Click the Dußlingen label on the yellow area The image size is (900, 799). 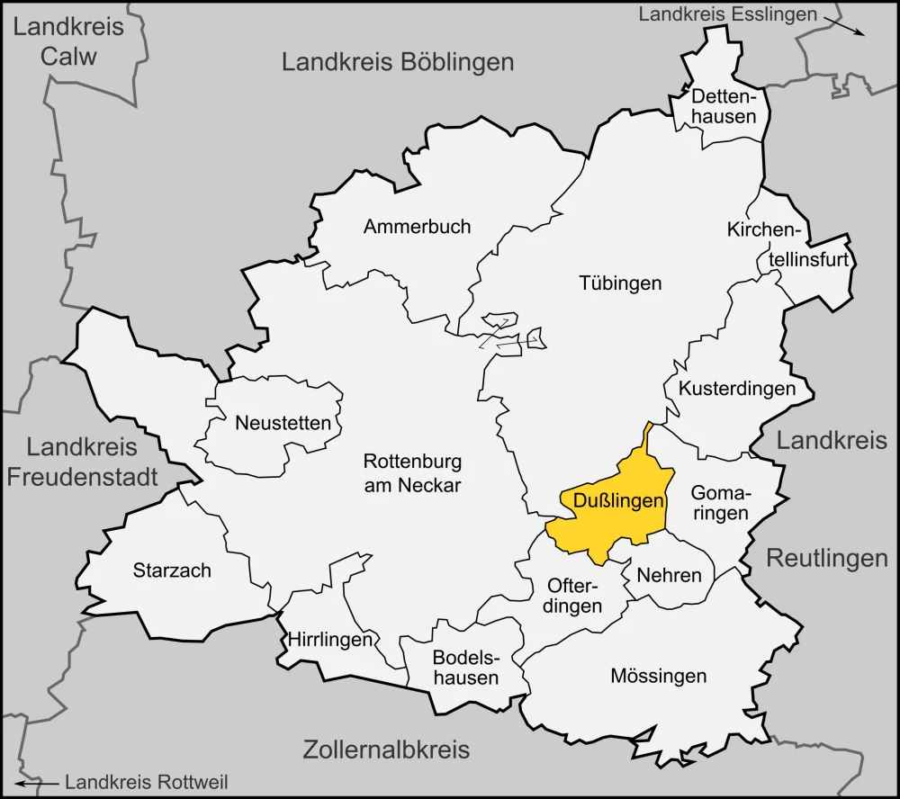pos(613,501)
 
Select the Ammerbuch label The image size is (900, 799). pos(417,227)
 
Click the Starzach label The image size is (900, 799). pos(172,570)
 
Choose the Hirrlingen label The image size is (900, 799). pos(330,640)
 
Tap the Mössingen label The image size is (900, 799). pos(658,675)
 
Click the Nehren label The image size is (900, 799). pos(668,575)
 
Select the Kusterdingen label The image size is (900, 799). pos(737,389)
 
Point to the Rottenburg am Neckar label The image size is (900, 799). pos(412,473)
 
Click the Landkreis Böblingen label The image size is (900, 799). pos(398,62)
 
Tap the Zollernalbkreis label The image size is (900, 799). pos(386,749)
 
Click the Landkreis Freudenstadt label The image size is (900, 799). pos(82,461)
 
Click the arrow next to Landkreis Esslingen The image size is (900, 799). pos(848,27)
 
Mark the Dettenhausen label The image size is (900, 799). pos(724,105)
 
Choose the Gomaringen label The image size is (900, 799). pos(720,503)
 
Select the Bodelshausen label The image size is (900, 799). pos(465,667)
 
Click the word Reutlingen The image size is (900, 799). pos(827,558)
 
